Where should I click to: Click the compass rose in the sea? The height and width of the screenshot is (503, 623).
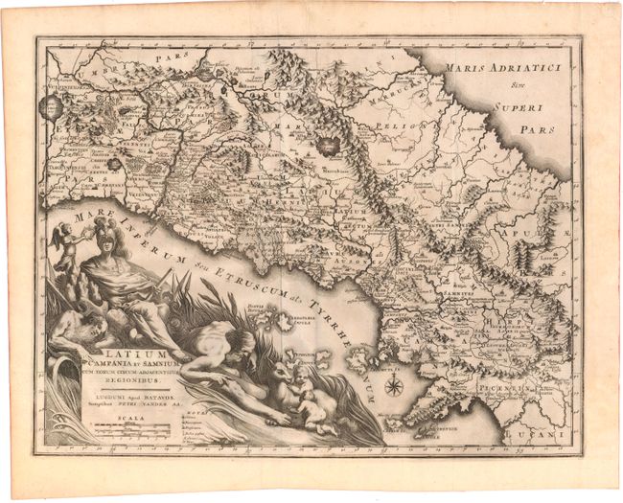coord(393,385)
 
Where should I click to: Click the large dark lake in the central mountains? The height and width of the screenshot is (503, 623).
coord(331,146)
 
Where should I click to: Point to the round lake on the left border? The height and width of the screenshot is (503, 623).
coord(51,106)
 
